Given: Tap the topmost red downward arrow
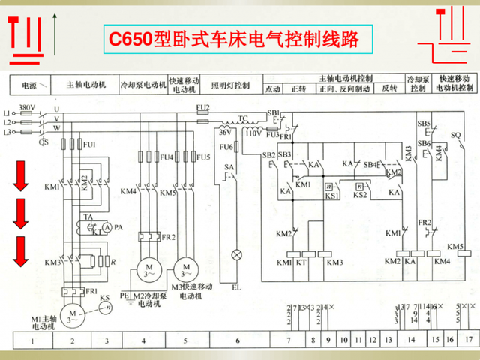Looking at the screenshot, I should pyautogui.click(x=21, y=173).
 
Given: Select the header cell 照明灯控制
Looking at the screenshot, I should pyautogui.click(x=229, y=85).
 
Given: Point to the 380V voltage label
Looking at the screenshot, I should pyautogui.click(x=26, y=106).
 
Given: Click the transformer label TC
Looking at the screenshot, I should pyautogui.click(x=243, y=118).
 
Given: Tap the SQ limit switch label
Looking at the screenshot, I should pyautogui.click(x=456, y=135).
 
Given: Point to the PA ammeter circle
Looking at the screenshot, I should pyautogui.click(x=107, y=227).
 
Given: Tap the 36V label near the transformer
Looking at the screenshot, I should pyautogui.click(x=223, y=132).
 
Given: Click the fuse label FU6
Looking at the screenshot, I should pyautogui.click(x=224, y=146).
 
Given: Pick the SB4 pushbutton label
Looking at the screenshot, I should pyautogui.click(x=370, y=164).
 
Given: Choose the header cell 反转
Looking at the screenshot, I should pyautogui.click(x=389, y=88).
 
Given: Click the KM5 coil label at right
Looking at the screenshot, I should pyautogui.click(x=455, y=246).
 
